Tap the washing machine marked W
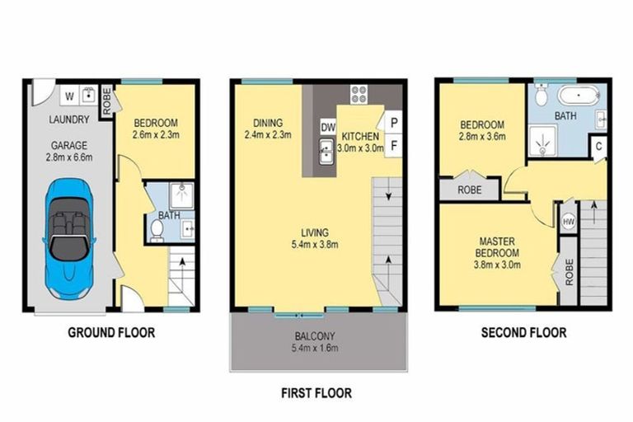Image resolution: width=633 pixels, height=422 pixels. (x=70, y=96)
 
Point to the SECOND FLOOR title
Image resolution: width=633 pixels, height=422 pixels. (x=524, y=333)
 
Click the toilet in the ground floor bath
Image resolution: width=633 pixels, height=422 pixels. (x=157, y=227)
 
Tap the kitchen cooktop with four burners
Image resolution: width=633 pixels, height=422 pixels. (x=360, y=94)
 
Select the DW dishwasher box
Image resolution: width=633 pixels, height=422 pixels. (x=327, y=127)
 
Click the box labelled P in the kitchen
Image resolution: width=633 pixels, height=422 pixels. (x=394, y=121)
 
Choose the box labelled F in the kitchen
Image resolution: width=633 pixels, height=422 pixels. (x=394, y=144)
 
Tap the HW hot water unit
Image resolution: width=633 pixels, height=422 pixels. (x=568, y=222)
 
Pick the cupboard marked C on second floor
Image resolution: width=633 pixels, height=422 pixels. (x=598, y=148)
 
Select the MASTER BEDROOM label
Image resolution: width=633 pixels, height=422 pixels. (x=499, y=246)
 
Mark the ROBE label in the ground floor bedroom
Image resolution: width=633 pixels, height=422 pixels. (x=106, y=99)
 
